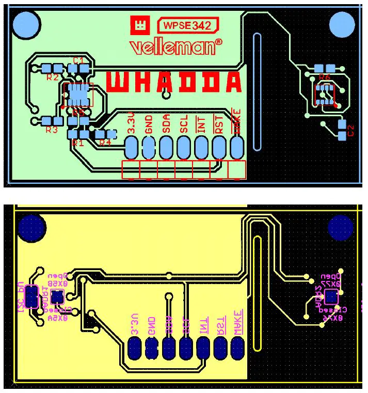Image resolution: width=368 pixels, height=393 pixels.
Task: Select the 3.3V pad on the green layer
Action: (x=131, y=148)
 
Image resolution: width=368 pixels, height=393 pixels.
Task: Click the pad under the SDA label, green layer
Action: (x=166, y=148)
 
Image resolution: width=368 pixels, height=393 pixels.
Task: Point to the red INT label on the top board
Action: (x=202, y=124)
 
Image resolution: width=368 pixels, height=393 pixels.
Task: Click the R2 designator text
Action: (x=52, y=77)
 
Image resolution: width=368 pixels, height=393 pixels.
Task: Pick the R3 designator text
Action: (x=52, y=130)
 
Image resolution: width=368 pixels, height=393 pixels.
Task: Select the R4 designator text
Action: (x=105, y=143)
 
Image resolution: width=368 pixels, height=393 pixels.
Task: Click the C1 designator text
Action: (x=78, y=61)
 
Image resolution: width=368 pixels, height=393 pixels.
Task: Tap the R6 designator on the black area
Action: (x=324, y=77)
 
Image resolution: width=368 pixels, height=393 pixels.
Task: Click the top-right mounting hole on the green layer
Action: (x=342, y=24)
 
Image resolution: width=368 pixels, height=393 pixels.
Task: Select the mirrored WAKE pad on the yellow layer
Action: (x=237, y=348)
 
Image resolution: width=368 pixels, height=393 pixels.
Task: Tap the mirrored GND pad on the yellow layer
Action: (x=151, y=348)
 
